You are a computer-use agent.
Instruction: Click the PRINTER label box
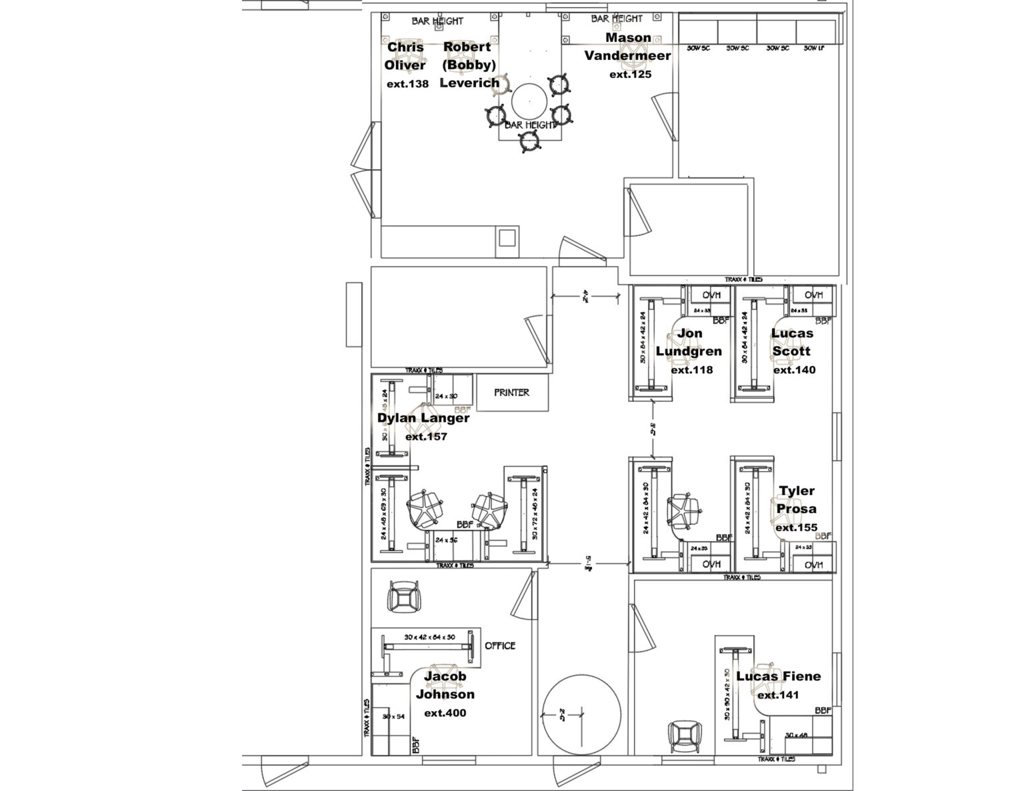coord(511,393)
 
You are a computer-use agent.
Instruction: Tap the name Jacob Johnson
coord(445,685)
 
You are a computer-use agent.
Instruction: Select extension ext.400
coord(445,713)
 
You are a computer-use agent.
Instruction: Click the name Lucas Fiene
coord(778,676)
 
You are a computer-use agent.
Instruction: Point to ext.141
coord(778,695)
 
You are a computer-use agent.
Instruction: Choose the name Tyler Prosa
coord(796,500)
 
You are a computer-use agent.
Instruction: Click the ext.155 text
coord(796,527)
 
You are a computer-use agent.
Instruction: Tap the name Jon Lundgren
coord(689,342)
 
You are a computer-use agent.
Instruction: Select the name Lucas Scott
coord(792,342)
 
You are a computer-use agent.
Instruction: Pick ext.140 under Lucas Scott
coord(793,370)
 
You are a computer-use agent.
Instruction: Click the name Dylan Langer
coord(423,418)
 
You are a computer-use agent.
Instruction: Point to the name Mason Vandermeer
coord(627,47)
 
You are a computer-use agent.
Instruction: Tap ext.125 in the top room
coord(630,75)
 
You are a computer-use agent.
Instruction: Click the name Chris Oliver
coord(405,57)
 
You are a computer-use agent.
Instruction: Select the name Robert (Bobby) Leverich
coord(470,65)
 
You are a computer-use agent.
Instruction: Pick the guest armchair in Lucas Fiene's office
coord(683,737)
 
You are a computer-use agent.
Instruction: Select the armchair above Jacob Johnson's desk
coord(404,596)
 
